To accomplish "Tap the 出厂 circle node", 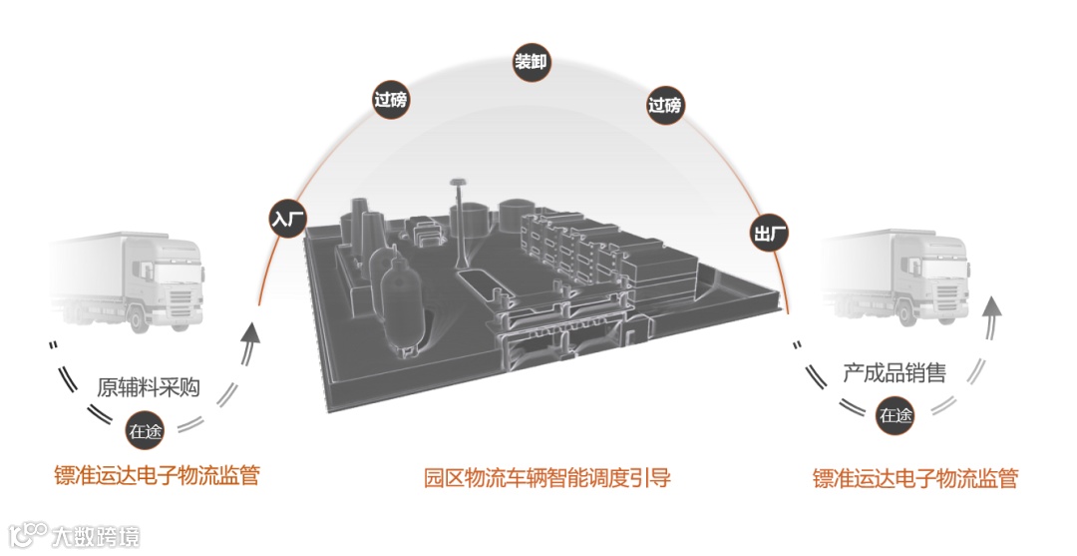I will [x=770, y=235].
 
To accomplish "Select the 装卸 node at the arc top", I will [x=532, y=62].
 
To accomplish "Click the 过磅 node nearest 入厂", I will [x=390, y=100].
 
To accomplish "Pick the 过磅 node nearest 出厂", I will [x=665, y=104].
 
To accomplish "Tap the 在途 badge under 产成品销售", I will [x=895, y=415].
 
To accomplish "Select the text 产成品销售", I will [x=895, y=373].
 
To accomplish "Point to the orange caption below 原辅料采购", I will [x=157, y=475].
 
